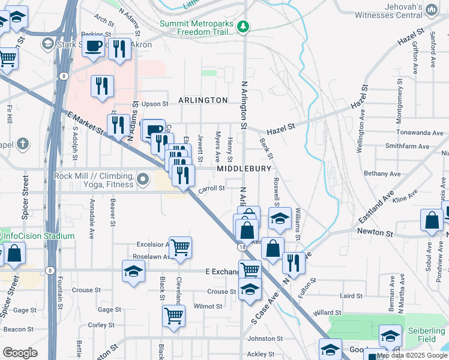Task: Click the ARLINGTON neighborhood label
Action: [x=202, y=100]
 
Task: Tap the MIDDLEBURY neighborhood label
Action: [x=244, y=169]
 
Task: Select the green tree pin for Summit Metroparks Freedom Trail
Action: [x=243, y=26]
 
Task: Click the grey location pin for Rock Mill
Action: [x=143, y=179]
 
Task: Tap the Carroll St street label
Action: [x=211, y=188]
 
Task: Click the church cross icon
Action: [x=22, y=144]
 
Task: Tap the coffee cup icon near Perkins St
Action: [x=93, y=46]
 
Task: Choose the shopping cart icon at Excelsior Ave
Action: [x=180, y=247]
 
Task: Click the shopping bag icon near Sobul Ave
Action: [x=432, y=220]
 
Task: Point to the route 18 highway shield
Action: [x=241, y=247]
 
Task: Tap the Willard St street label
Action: [x=327, y=313]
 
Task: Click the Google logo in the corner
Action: [x=20, y=353]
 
